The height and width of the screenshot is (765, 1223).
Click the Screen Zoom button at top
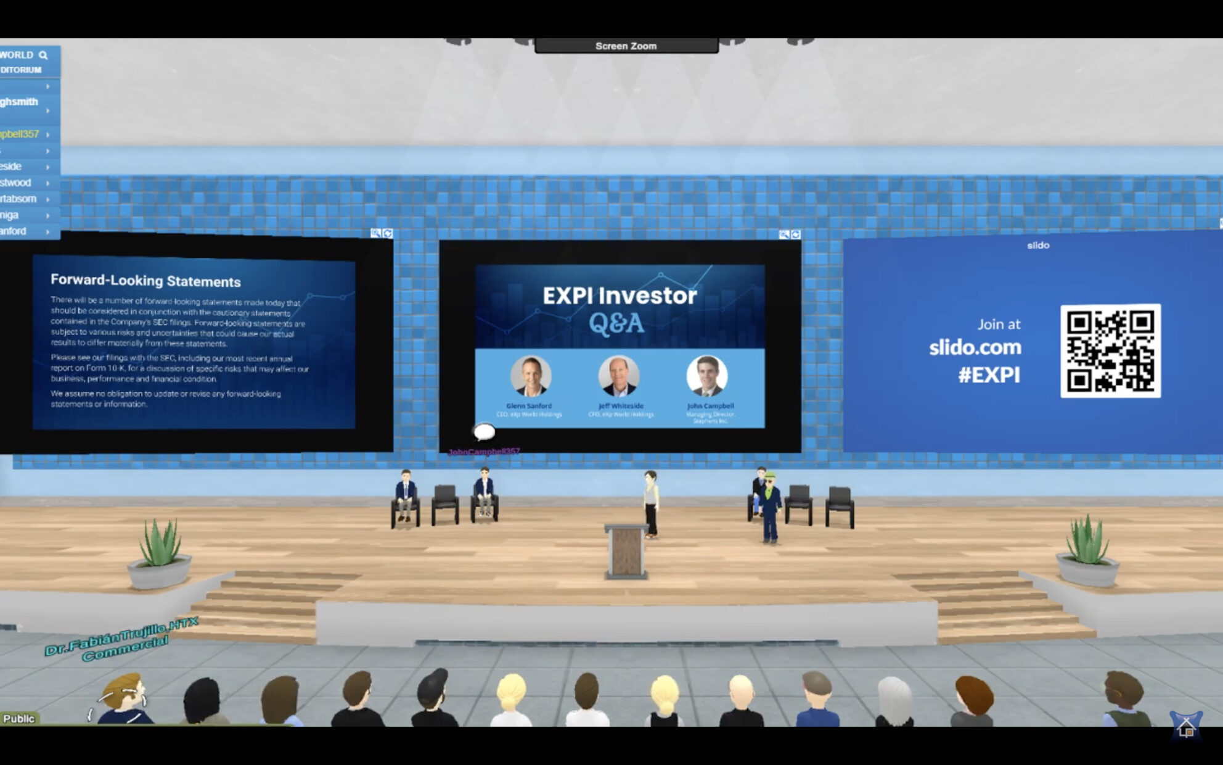point(626,46)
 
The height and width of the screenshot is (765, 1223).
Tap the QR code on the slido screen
point(1110,350)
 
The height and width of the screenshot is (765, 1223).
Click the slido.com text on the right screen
point(975,347)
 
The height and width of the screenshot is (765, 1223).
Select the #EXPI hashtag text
point(989,375)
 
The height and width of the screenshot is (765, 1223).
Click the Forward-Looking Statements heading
point(145,281)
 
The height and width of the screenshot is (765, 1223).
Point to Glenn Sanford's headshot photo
point(530,376)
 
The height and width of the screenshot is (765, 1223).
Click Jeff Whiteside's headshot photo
point(619,376)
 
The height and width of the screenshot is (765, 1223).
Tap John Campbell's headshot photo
point(707,376)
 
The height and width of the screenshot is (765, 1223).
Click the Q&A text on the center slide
point(616,323)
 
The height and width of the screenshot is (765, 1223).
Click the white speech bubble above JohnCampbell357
point(484,431)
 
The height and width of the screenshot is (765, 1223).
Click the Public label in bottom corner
point(18,719)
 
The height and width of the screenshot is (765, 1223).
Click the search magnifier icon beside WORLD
point(43,55)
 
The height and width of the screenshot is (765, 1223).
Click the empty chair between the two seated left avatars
point(444,504)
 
